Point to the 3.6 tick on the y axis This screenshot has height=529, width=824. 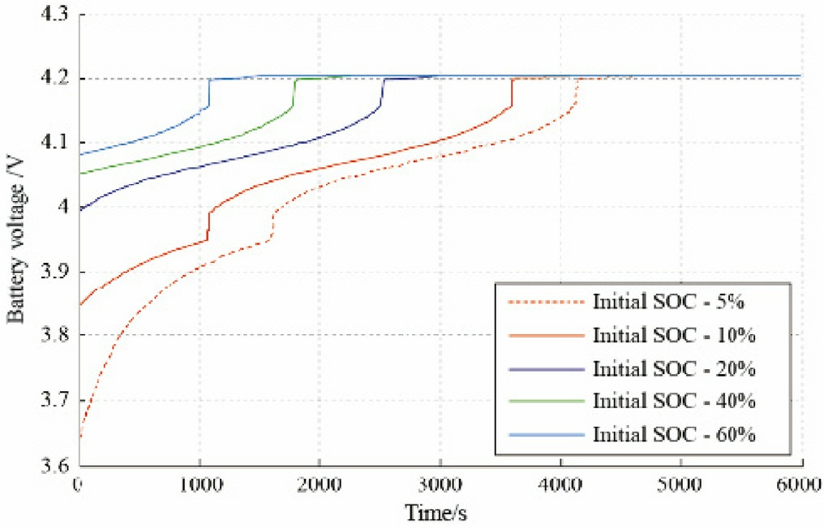point(55,466)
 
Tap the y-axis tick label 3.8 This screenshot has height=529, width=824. point(55,336)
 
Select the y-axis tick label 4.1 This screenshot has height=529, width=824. point(55,143)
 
